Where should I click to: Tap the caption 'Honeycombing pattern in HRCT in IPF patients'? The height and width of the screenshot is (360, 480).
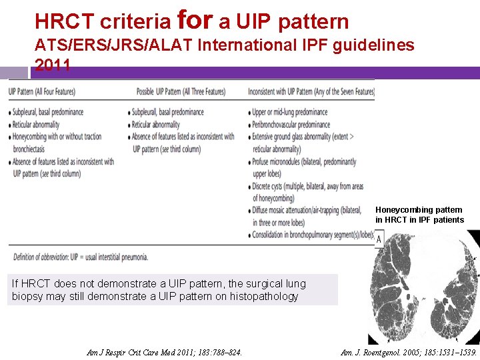[x=419, y=215]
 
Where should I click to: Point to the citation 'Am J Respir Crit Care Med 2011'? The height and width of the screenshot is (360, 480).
[x=165, y=352]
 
